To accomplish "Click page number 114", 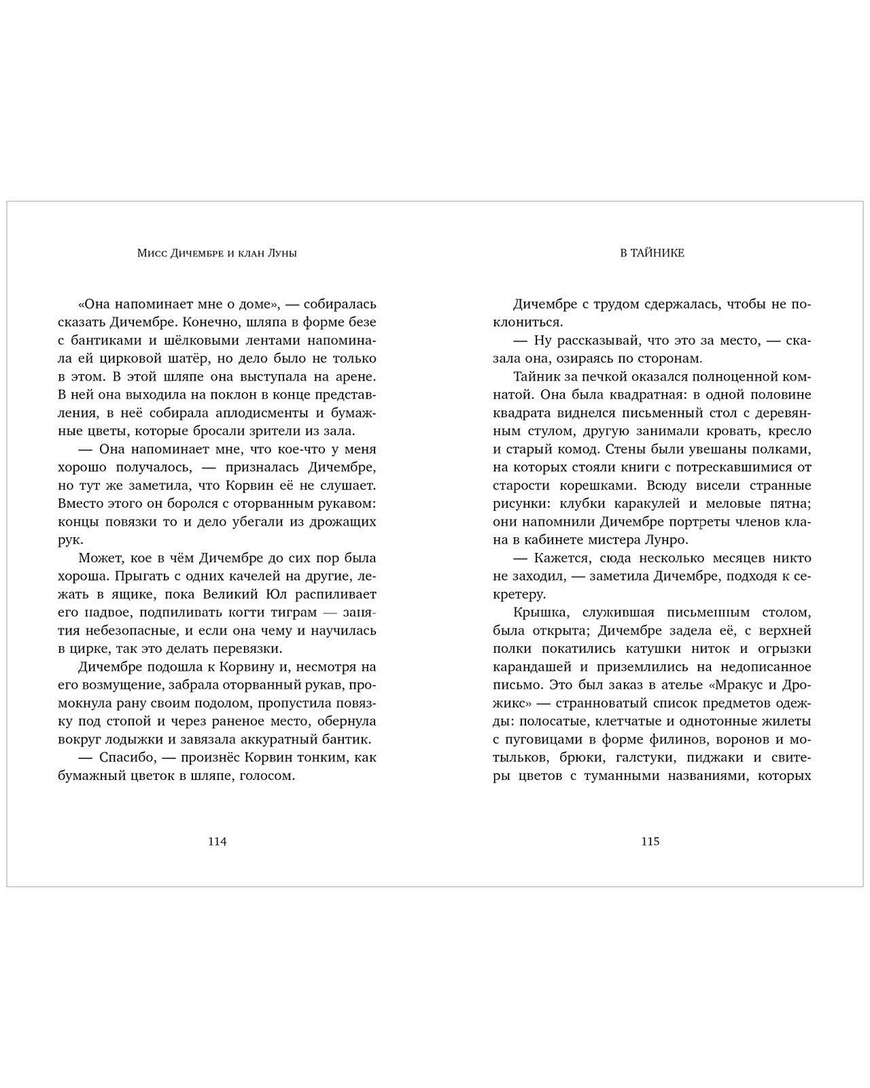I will pos(217,841).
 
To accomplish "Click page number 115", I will pos(650,841).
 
